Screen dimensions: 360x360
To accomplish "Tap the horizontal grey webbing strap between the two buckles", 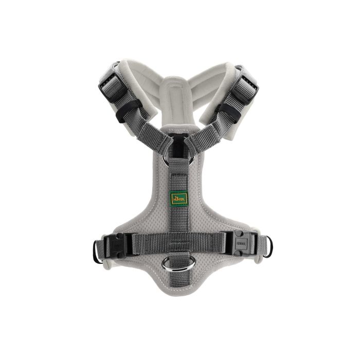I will coord(175,241).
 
